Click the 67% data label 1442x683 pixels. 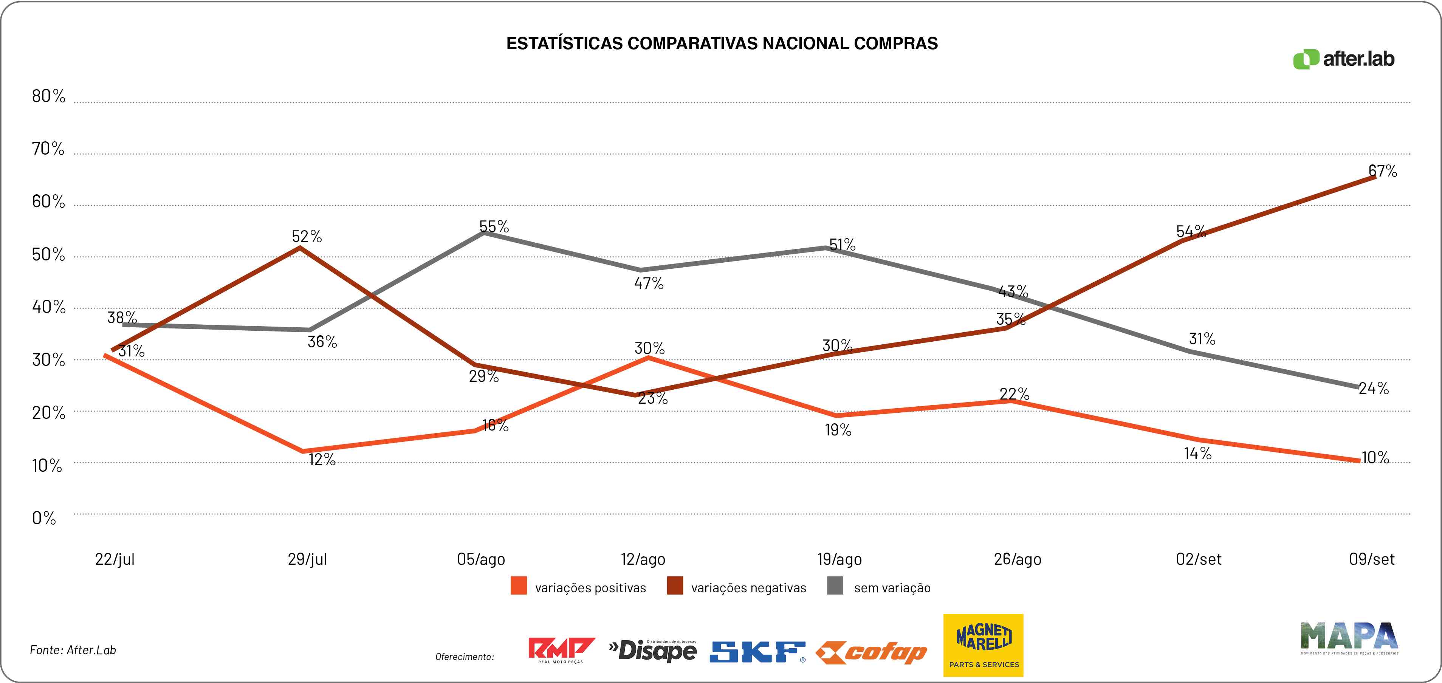(1382, 171)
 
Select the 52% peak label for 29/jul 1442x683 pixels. (307, 236)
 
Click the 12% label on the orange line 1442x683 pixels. (322, 460)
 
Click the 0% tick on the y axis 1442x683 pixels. (44, 518)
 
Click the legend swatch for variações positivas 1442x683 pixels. (518, 586)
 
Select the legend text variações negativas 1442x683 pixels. (748, 588)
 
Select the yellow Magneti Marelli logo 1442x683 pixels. (983, 645)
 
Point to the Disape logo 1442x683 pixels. (653, 650)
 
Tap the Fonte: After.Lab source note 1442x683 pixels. (73, 650)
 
